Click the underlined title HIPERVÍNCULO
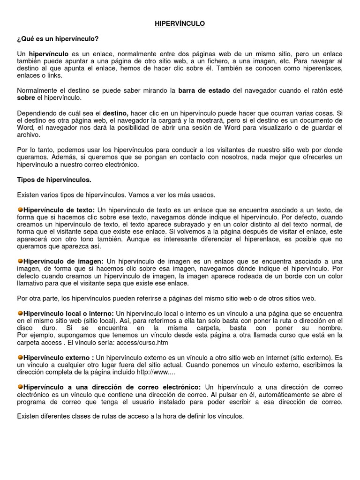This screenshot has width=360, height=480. pyautogui.click(x=180, y=23)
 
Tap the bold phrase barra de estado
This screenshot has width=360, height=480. pyautogui.click(x=204, y=90)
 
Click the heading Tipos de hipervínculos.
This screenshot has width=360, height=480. pyautogui.click(x=54, y=180)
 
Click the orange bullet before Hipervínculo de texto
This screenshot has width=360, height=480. pyautogui.click(x=20, y=210)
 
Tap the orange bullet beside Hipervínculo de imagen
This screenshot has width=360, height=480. pyautogui.click(x=20, y=261)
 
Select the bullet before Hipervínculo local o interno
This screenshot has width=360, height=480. pyautogui.click(x=20, y=313)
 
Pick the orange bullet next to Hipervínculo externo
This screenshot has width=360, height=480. pyautogui.click(x=20, y=357)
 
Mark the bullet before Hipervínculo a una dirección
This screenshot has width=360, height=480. pyautogui.click(x=20, y=387)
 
